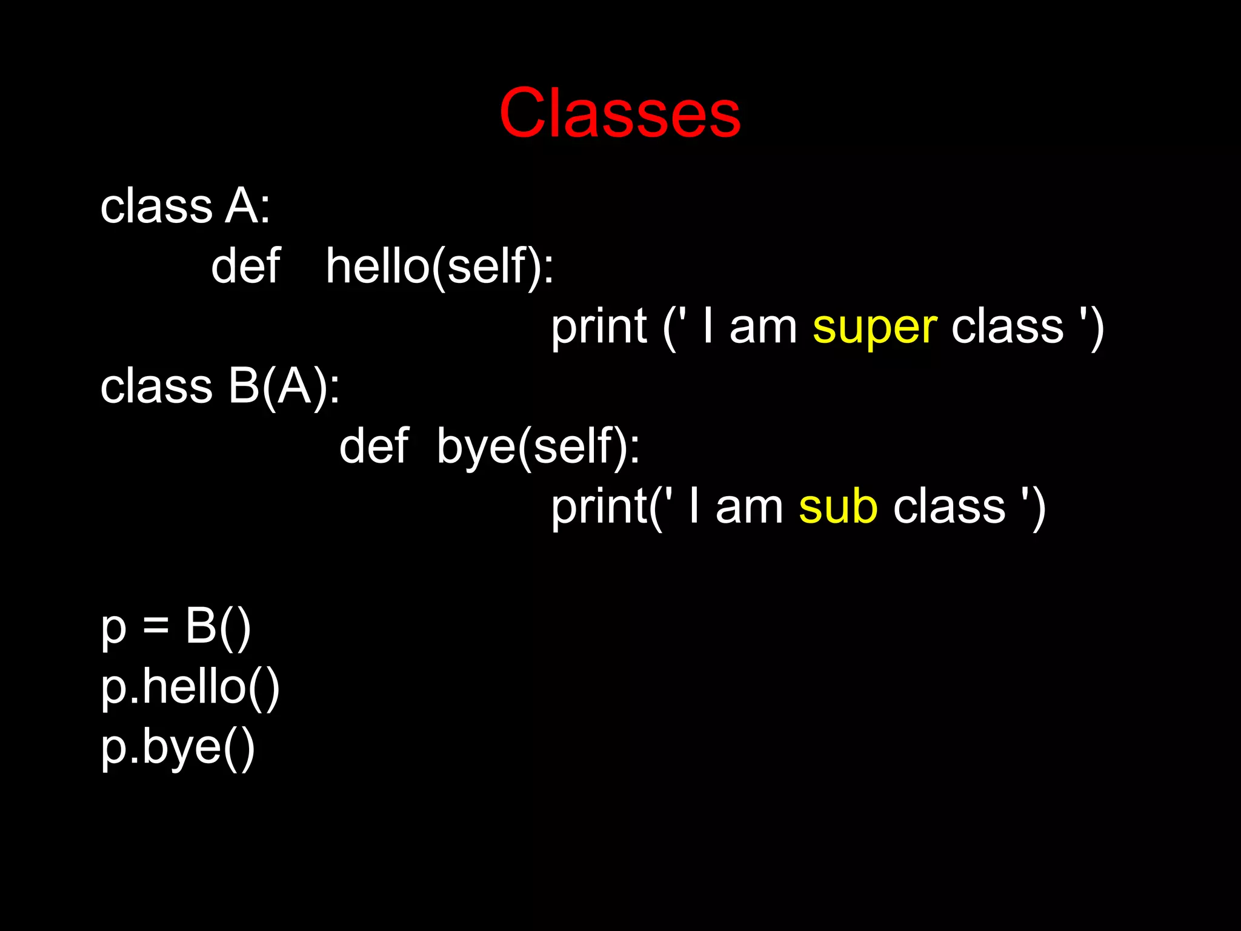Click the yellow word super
point(874,328)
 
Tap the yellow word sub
point(837,508)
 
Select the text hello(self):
point(439,267)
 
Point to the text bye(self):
point(537,447)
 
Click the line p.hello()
point(190,687)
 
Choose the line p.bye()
point(178,748)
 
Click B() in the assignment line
point(218,627)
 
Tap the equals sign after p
point(156,627)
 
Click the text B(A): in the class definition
point(284,386)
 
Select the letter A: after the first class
point(247,207)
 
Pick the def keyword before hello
point(245,267)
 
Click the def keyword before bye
point(373,447)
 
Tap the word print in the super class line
point(599,328)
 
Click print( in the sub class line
point(604,508)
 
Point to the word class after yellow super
point(1007,328)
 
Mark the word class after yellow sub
point(949,508)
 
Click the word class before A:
point(156,207)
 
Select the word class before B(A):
point(156,386)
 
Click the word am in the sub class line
point(749,508)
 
